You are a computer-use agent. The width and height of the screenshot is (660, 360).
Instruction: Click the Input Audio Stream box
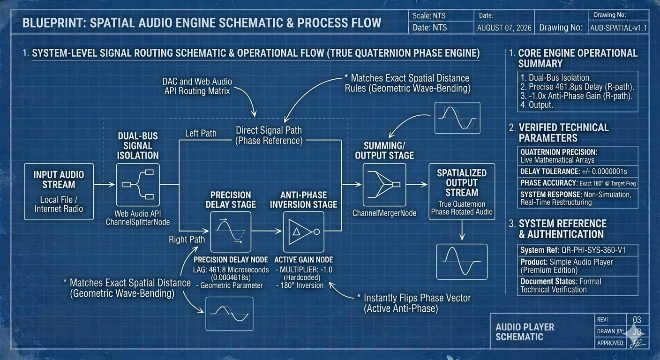tap(59, 192)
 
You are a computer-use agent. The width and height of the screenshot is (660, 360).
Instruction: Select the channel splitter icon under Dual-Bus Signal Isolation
tap(138, 185)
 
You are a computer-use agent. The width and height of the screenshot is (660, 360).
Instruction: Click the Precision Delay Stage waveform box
tap(231, 232)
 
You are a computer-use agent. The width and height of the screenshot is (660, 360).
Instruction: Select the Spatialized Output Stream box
tap(462, 192)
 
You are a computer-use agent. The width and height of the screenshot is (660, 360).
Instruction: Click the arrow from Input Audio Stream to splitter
tap(105, 185)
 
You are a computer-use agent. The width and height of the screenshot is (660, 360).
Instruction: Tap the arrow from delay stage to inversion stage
tap(267, 231)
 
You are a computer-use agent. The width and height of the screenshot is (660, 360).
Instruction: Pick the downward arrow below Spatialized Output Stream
tap(462, 230)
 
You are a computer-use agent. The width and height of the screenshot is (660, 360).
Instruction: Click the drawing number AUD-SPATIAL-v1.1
tap(618, 28)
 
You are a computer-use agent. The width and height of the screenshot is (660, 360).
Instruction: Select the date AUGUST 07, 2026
tap(504, 28)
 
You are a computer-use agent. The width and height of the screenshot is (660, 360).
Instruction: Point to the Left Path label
tap(201, 134)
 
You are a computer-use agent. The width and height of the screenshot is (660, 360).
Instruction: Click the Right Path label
tap(187, 240)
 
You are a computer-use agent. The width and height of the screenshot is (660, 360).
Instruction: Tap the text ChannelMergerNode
tap(384, 213)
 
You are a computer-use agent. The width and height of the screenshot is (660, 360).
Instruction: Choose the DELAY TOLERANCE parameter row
tap(577, 172)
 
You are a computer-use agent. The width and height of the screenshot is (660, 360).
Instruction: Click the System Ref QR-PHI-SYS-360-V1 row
tap(577, 250)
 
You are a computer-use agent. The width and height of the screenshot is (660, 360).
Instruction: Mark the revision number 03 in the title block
tap(637, 320)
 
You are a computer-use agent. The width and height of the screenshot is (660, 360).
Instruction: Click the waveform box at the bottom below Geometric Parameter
tap(229, 314)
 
